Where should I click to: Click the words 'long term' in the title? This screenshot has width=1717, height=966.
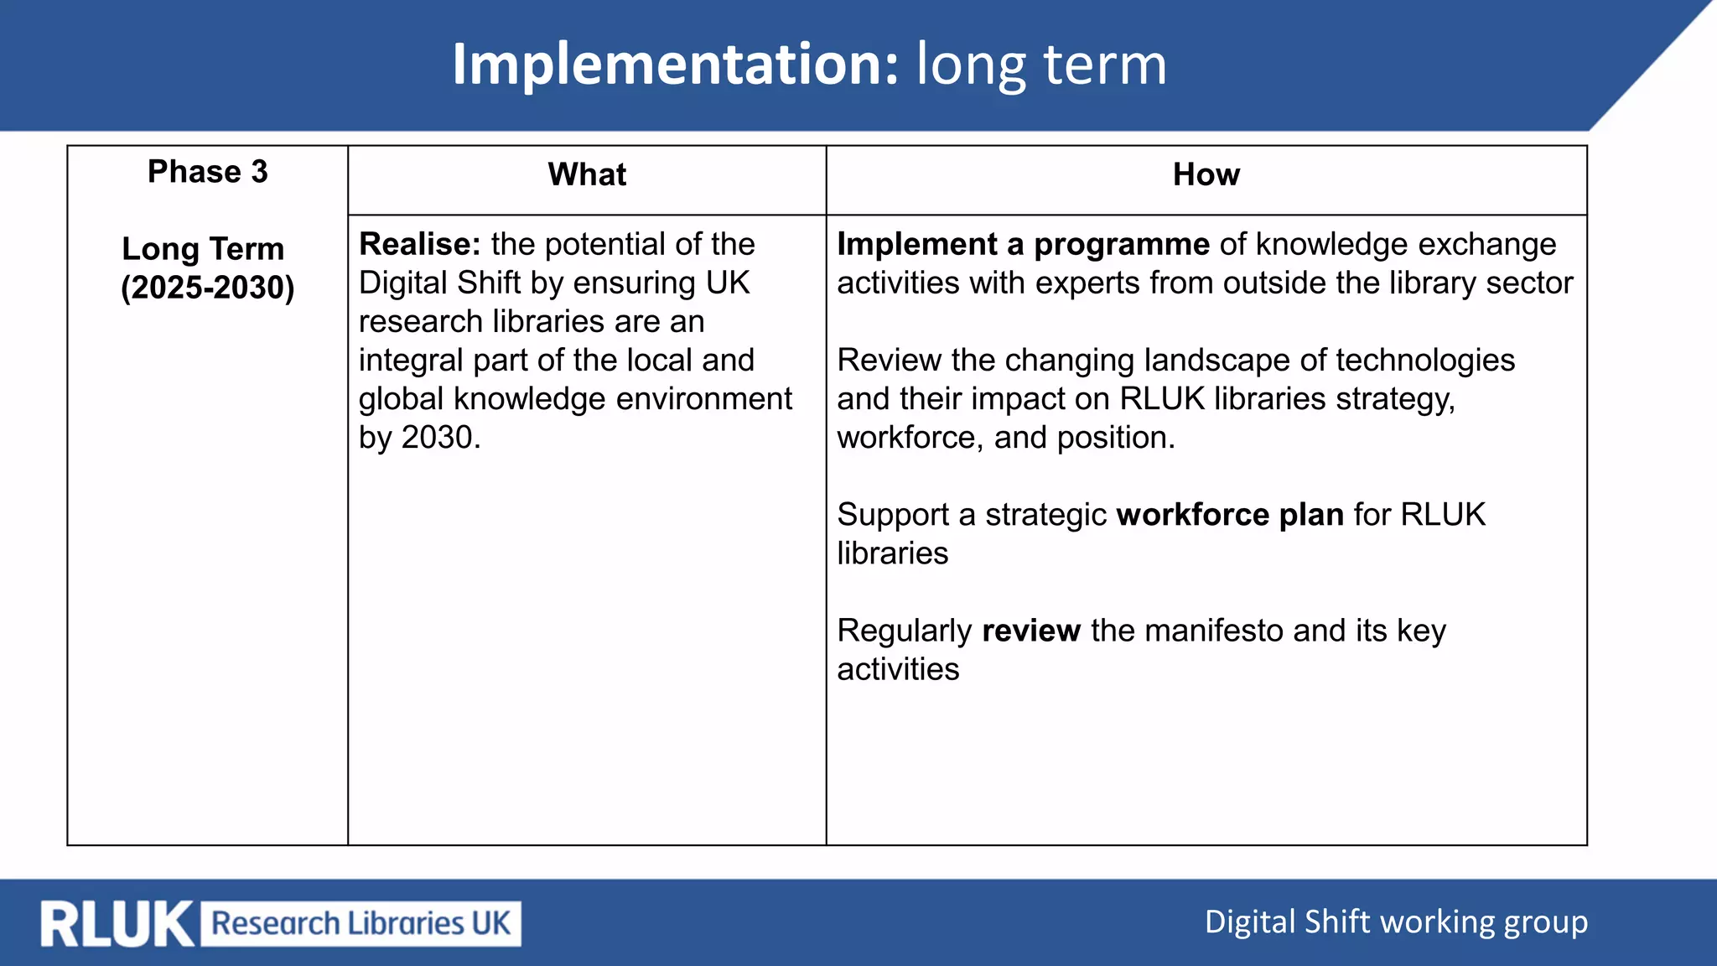click(x=1041, y=65)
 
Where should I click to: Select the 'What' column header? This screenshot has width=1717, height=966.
click(x=587, y=174)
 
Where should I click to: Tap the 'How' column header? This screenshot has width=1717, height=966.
click(x=1206, y=174)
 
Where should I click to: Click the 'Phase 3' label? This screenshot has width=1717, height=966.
click(x=208, y=172)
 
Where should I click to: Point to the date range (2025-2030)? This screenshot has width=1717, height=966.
click(x=208, y=288)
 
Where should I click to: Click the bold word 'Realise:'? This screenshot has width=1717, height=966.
click(x=419, y=244)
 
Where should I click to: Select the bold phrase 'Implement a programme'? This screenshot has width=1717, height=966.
click(x=1023, y=244)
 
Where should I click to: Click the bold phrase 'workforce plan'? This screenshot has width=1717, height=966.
click(x=1230, y=515)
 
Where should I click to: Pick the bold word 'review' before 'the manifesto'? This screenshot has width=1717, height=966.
click(x=1031, y=631)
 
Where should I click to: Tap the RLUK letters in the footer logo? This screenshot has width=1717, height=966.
click(x=117, y=924)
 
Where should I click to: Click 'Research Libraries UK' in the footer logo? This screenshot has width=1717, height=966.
click(x=361, y=923)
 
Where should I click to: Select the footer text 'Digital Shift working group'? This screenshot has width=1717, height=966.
click(x=1396, y=922)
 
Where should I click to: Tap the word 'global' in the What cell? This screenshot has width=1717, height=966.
click(x=401, y=399)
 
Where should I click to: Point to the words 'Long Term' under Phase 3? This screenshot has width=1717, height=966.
click(x=203, y=249)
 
